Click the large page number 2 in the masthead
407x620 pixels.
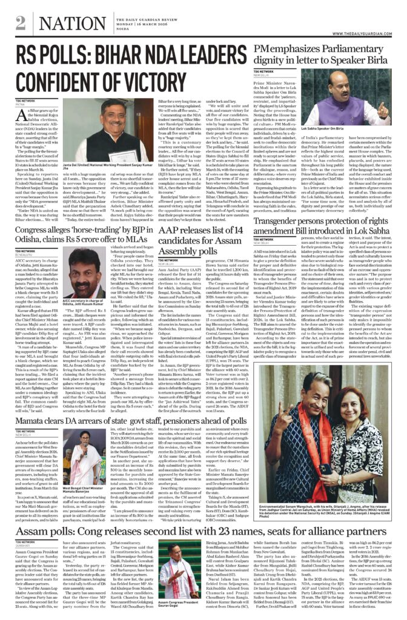click(x=21, y=22)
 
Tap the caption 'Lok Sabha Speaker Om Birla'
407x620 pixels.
click(x=341, y=147)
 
